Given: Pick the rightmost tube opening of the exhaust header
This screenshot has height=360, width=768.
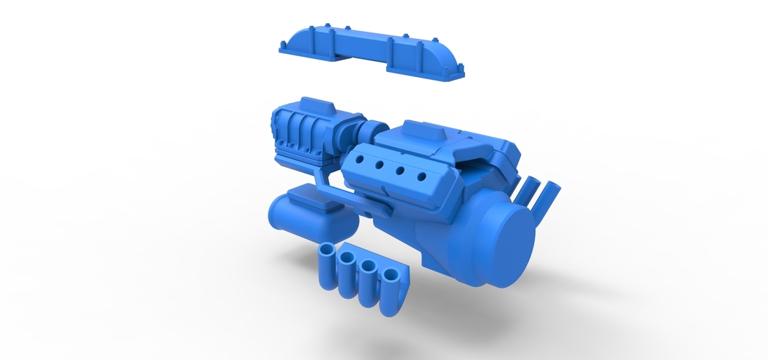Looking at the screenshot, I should [392, 274].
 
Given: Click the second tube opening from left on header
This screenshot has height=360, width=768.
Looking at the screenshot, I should [349, 259].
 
